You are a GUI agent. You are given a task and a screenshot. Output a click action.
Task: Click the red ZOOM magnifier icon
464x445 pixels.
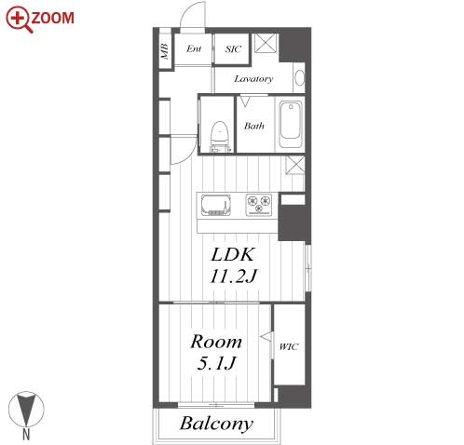pos(19,20)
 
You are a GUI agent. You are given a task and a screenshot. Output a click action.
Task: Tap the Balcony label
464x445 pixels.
pos(216,424)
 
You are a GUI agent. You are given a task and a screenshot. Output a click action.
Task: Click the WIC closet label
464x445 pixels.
pos(289,346)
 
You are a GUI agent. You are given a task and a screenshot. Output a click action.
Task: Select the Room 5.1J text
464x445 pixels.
pos(216,352)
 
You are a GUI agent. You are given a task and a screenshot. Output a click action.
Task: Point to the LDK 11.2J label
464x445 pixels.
pos(234,265)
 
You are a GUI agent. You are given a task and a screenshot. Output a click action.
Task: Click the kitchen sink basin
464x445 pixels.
pos(216,205)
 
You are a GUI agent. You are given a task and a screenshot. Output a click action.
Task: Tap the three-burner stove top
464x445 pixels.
pos(259,205)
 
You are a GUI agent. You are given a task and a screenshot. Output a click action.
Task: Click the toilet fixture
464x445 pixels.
pos(220,136)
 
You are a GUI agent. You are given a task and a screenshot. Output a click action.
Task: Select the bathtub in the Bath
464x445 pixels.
pos(291,124)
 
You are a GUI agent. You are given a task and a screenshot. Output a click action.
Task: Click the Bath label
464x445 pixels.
pos(254,126)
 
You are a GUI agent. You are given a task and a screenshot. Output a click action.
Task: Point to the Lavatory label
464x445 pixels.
pos(253,79)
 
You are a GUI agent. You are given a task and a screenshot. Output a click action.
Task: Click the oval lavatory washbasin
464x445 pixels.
pos(300,77)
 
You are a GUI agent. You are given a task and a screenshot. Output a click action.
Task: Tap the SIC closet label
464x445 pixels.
pos(233,49)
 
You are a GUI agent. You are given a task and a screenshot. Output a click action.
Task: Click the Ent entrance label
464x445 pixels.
pos(194,48)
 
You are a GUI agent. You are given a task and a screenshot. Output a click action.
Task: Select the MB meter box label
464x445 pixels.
pos(165,51)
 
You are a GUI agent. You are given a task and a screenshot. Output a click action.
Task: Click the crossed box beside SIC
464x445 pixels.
pos(266,43)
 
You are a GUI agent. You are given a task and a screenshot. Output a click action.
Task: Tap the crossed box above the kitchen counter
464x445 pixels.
pos(295,165)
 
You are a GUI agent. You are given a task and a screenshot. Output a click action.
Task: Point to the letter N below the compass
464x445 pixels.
pos(26,435)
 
